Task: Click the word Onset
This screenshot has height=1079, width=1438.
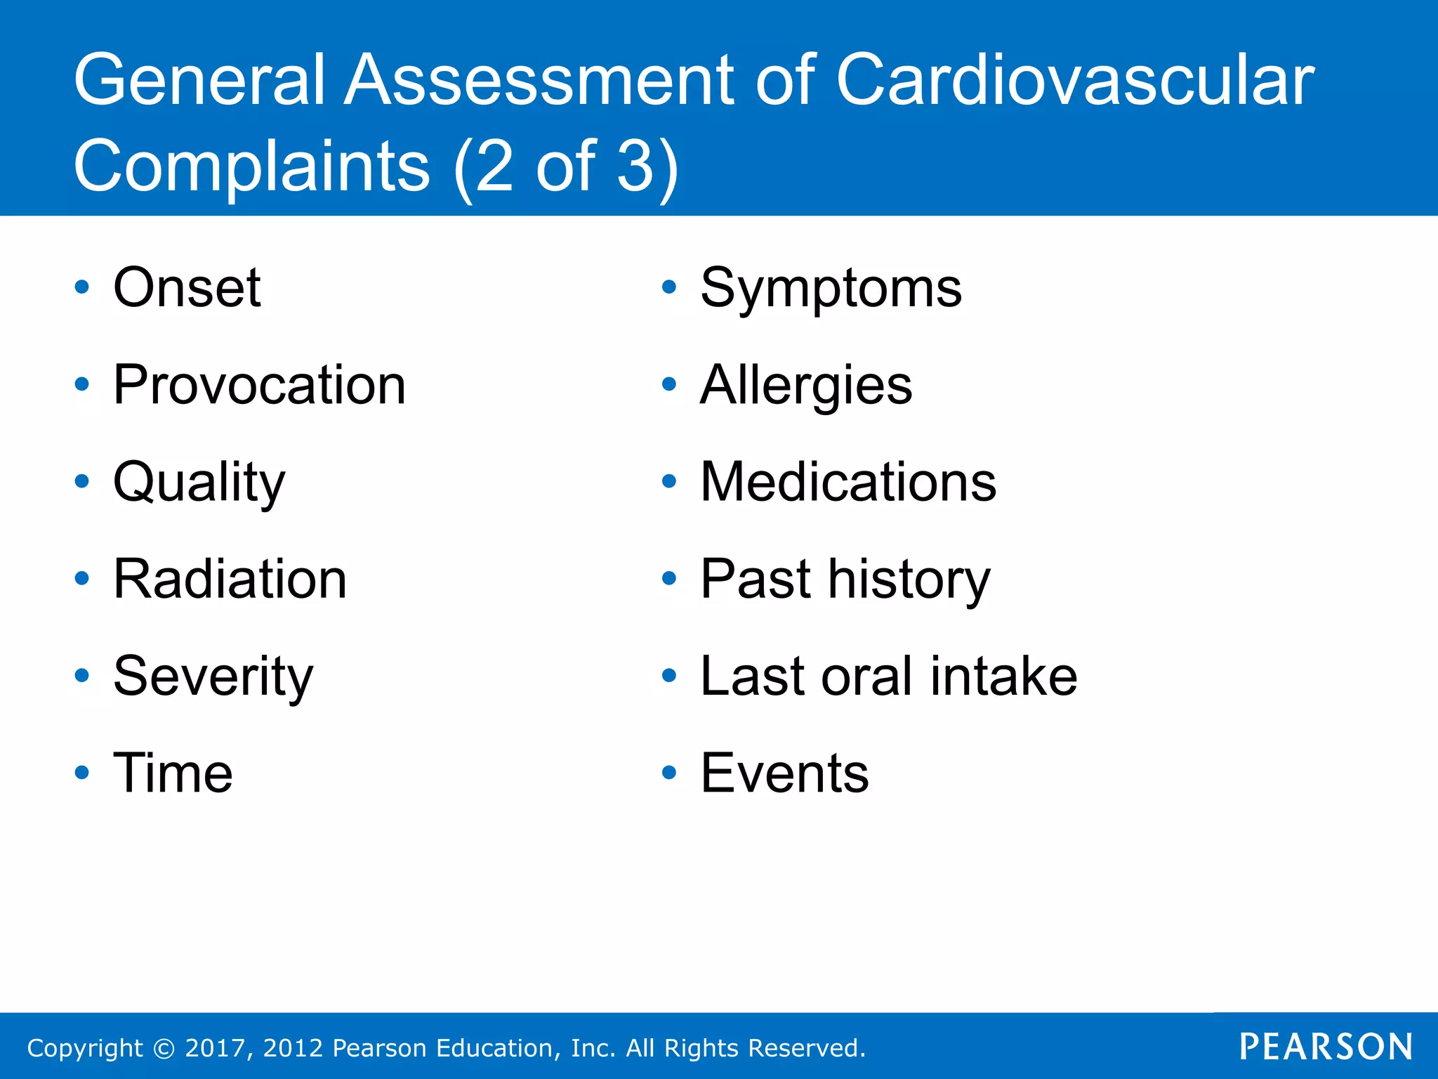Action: tap(187, 287)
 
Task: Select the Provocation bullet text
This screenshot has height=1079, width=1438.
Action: tap(259, 385)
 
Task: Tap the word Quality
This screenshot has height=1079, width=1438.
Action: tap(199, 483)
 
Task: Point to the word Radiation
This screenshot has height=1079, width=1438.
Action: tap(230, 580)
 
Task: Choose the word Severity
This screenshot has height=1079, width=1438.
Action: tap(213, 676)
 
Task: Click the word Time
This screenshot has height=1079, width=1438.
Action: tap(173, 773)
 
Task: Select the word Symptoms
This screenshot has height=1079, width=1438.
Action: tap(831, 289)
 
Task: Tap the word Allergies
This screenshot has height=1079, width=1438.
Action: tap(806, 386)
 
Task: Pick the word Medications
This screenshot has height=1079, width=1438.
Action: tap(847, 483)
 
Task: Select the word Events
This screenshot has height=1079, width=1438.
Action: tap(784, 773)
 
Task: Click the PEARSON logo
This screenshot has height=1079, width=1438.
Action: tap(1326, 1047)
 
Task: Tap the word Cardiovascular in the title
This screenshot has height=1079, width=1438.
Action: tap(1074, 81)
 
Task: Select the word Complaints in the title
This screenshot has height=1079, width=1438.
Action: tap(251, 166)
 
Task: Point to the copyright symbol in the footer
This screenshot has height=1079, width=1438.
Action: tap(164, 1049)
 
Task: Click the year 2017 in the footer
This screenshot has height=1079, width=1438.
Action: tap(214, 1048)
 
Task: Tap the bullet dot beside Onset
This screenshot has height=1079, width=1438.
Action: tap(82, 287)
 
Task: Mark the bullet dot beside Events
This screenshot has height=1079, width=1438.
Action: tap(669, 773)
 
